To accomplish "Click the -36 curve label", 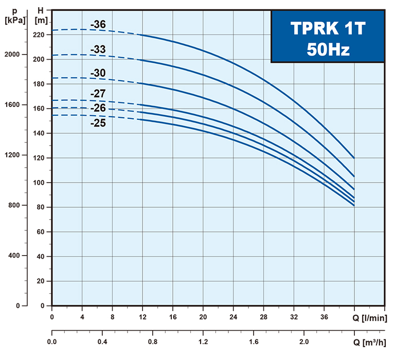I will pos(98,24).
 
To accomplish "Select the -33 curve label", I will pos(98,49).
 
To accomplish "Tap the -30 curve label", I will pos(98,73).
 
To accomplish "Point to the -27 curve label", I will pos(98,95).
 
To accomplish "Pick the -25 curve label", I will pos(98,123).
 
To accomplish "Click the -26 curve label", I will pos(98,108).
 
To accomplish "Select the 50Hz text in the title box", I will pos(328,50).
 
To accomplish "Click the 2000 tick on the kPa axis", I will pos(11,55).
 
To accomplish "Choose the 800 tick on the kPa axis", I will pos(13,206).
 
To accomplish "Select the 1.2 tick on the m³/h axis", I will pos(203,341).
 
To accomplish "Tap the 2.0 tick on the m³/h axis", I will pos(304,341).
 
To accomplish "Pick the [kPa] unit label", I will pos(14,21).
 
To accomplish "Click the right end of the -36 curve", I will pos(354,158).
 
